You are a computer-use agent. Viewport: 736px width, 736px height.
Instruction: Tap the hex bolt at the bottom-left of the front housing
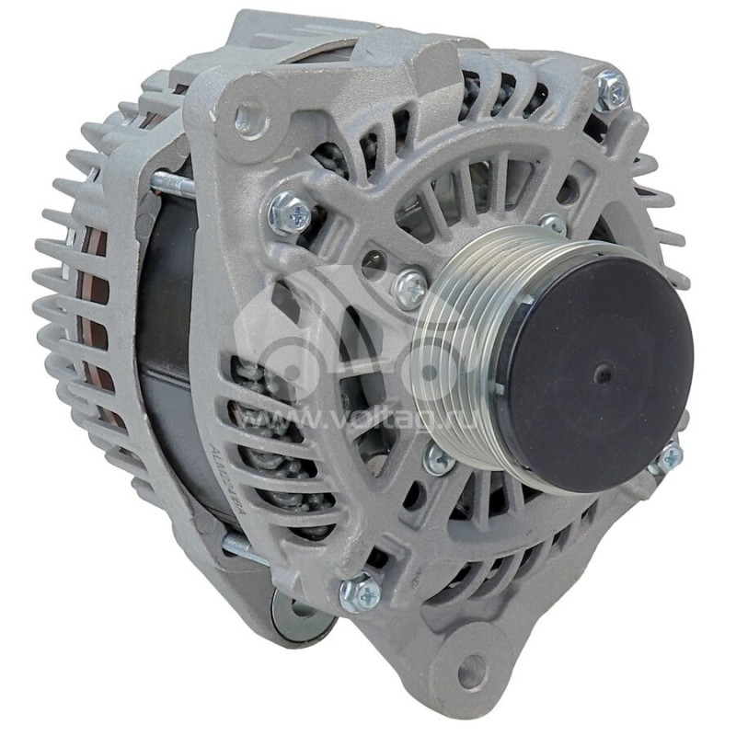point(359,592)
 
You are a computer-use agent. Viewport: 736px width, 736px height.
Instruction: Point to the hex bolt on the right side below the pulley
point(669,456)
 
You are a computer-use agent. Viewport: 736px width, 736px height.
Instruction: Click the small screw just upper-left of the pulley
point(409,287)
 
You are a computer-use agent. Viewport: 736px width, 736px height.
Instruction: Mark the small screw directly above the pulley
point(553,223)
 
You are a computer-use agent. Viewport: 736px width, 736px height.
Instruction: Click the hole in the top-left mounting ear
point(249,118)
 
